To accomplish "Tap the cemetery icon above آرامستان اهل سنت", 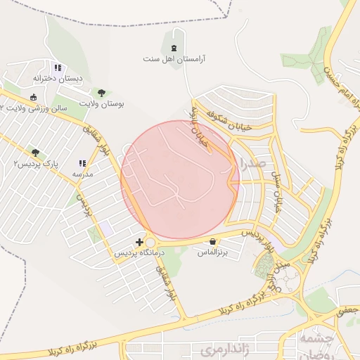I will pyautogui.click(x=173, y=48).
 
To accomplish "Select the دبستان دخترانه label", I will pyautogui.click(x=58, y=78).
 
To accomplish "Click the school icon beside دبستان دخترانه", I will pyautogui.click(x=58, y=68).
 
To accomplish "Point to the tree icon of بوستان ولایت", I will pyautogui.click(x=102, y=92).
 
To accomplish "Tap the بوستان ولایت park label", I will pyautogui.click(x=102, y=103).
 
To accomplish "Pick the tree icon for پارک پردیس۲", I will pyautogui.click(x=35, y=153).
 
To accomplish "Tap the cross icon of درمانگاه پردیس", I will pyautogui.click(x=139, y=241).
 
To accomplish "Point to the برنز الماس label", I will pyautogui.click(x=212, y=252).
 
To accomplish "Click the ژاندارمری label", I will pyautogui.click(x=215, y=349).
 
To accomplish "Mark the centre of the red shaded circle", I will pyautogui.click(x=180, y=179).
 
